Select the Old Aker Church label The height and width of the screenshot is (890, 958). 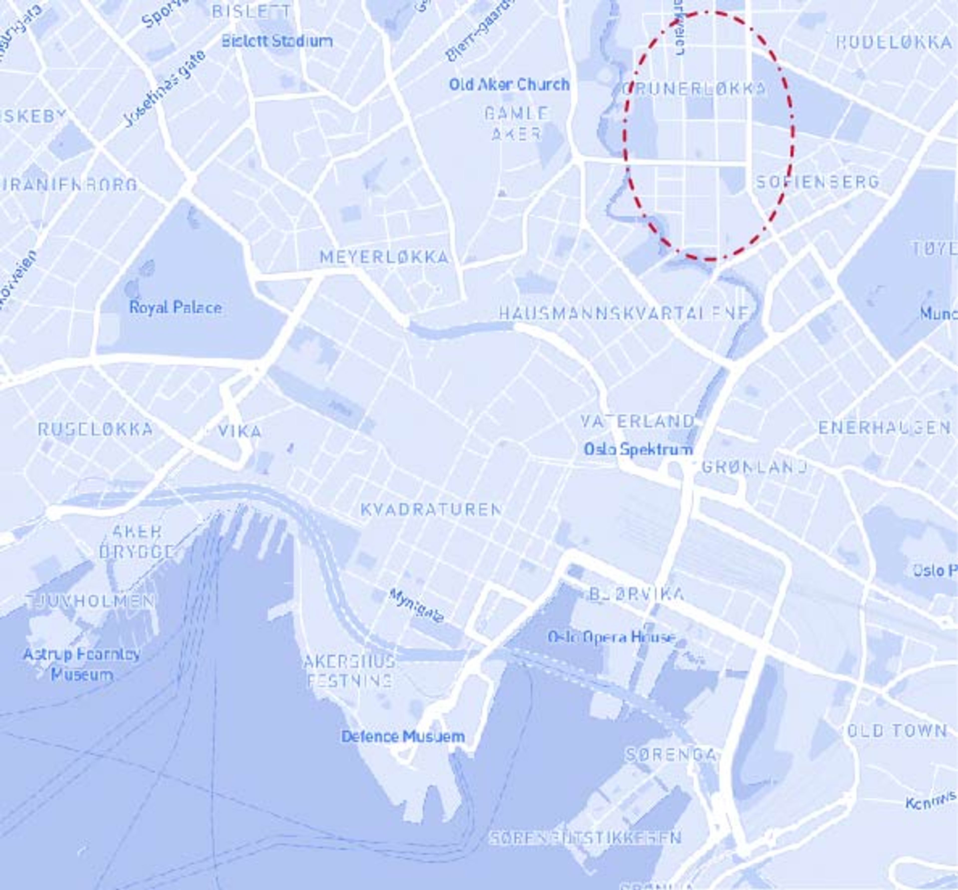pyautogui.click(x=509, y=85)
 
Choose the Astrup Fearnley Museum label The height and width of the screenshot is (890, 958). pyautogui.click(x=82, y=664)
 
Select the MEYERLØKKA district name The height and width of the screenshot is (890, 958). pyautogui.click(x=384, y=257)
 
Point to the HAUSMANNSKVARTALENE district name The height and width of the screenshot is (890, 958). pyautogui.click(x=624, y=314)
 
